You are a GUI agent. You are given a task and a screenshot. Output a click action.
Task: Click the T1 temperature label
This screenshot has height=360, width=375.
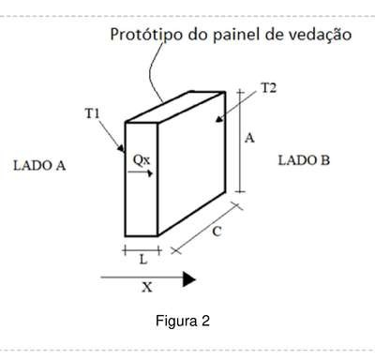click(92, 113)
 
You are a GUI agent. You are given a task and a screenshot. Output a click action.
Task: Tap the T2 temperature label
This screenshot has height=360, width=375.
click(269, 88)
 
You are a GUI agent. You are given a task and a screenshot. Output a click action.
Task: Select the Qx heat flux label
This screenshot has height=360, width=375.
click(142, 160)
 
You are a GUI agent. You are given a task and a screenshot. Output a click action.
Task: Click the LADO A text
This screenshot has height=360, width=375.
click(39, 165)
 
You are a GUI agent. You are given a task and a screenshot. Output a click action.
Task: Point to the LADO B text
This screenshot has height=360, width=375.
click(304, 160)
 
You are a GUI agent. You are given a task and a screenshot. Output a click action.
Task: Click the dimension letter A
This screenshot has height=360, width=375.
click(249, 138)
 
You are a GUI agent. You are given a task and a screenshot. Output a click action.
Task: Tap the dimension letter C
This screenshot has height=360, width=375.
click(217, 232)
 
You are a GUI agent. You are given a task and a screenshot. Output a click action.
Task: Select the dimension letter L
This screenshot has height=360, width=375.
click(143, 259)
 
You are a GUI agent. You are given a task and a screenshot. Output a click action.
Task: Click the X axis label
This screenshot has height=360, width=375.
click(147, 287)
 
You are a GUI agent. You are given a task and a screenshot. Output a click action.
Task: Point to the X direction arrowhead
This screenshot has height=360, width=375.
click(189, 279)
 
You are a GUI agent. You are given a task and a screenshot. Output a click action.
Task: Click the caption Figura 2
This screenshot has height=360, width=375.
click(183, 321)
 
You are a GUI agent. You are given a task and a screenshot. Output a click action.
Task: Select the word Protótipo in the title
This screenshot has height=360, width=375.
click(146, 35)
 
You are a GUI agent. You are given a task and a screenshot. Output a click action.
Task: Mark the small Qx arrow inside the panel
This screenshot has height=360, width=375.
click(141, 172)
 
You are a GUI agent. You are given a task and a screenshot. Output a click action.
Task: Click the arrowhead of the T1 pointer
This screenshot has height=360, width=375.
click(121, 148)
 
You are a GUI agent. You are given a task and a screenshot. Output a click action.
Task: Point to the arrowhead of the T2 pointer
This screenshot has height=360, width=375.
click(219, 119)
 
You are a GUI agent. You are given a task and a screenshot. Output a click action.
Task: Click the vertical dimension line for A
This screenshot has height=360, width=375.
click(240, 141)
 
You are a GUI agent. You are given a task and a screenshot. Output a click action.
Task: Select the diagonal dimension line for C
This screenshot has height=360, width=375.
click(207, 228)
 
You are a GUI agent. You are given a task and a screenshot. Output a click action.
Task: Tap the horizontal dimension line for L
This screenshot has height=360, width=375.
click(142, 250)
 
